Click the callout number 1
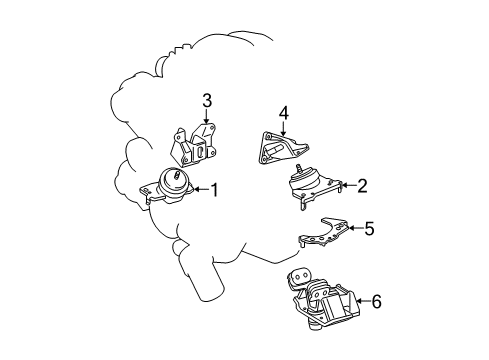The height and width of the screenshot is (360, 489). pyautogui.click(x=213, y=188)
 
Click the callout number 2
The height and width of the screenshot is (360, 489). pyautogui.click(x=363, y=184)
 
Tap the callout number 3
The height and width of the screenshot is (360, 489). pyautogui.click(x=206, y=100)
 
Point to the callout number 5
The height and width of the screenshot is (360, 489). pyautogui.click(x=368, y=229)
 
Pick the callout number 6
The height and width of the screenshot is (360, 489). pyautogui.click(x=375, y=298)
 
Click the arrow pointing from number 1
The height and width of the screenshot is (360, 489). pyautogui.click(x=199, y=188)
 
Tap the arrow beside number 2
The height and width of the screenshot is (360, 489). pyautogui.click(x=347, y=184)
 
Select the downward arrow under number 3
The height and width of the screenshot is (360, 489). pyautogui.click(x=207, y=118)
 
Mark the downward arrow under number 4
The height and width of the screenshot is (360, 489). pyautogui.click(x=284, y=130)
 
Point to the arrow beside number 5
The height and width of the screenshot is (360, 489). pyautogui.click(x=353, y=229)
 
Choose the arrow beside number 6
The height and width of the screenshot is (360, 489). pyautogui.click(x=360, y=298)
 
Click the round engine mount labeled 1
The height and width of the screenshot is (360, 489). pyautogui.click(x=172, y=188)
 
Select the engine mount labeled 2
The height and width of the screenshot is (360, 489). pyautogui.click(x=312, y=188)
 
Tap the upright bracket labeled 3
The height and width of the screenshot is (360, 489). pyautogui.click(x=195, y=145)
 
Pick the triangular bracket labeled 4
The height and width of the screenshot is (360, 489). pyautogui.click(x=280, y=148)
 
